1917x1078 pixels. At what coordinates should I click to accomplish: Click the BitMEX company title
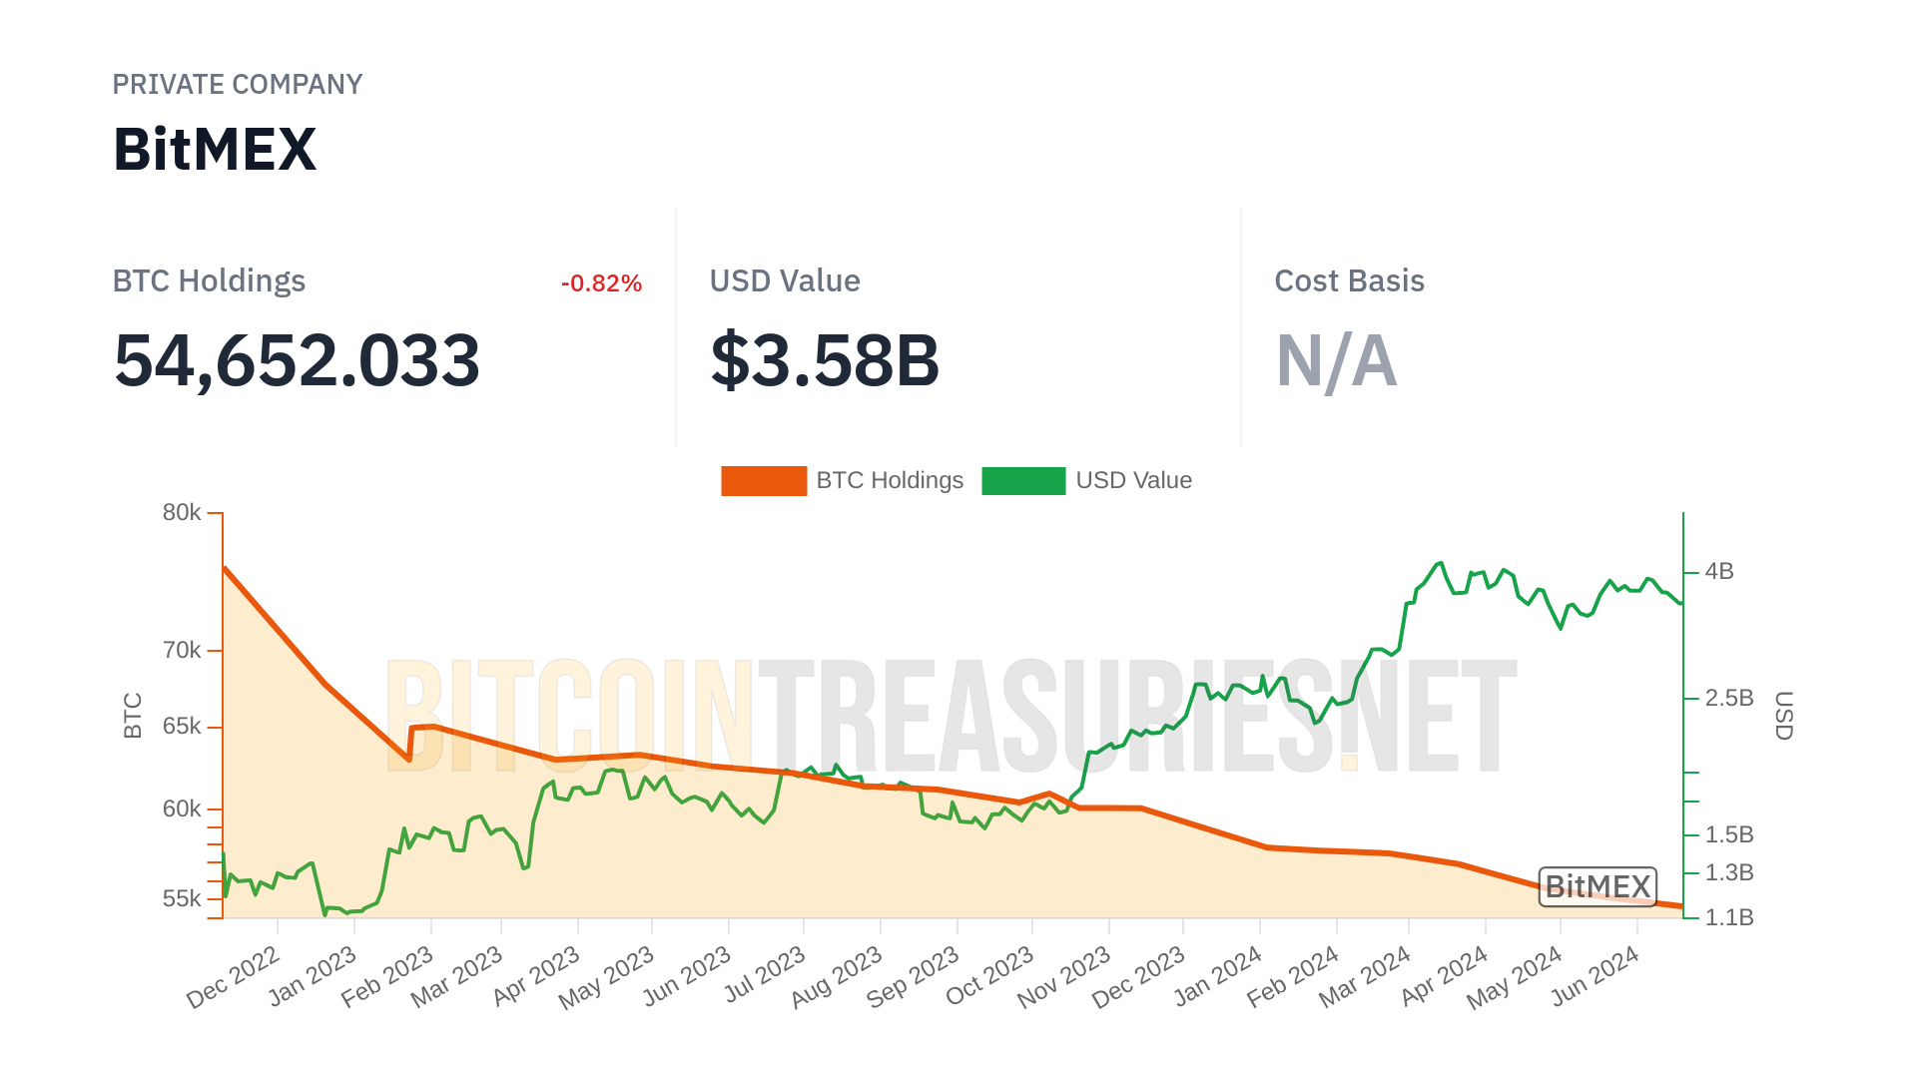(x=215, y=150)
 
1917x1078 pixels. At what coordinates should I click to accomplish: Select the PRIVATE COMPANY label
(x=237, y=85)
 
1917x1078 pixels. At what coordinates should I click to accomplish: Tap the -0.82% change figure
(x=601, y=283)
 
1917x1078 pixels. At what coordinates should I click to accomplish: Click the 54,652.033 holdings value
(x=297, y=360)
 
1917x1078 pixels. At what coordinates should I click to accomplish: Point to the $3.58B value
(x=825, y=360)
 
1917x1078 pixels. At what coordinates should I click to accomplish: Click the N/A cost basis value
(x=1336, y=360)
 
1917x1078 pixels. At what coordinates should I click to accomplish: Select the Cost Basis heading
(x=1349, y=281)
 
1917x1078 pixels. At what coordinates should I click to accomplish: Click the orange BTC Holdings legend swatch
(x=764, y=481)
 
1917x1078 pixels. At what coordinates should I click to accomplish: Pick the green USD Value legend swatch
(x=1023, y=481)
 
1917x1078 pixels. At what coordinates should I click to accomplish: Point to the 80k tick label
(x=182, y=513)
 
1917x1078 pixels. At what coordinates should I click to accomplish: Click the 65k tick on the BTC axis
(x=182, y=727)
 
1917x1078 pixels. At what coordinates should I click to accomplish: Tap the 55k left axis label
(x=182, y=899)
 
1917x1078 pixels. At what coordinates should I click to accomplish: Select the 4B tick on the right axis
(x=1719, y=572)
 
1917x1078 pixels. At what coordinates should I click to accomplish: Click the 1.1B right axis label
(x=1729, y=917)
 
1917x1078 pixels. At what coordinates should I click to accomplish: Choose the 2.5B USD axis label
(x=1729, y=699)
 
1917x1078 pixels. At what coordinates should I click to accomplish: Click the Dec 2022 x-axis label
(x=234, y=978)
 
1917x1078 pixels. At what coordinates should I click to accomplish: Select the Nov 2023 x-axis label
(x=1064, y=978)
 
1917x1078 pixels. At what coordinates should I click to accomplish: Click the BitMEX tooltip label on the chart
(x=1597, y=886)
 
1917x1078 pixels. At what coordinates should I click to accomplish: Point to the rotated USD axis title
(x=1783, y=716)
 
